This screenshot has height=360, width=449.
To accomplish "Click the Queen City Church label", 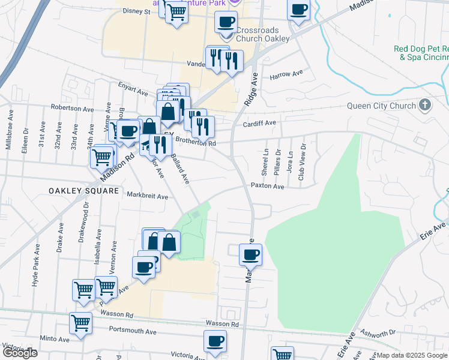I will (381, 106).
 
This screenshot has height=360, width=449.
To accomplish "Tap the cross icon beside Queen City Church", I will (425, 106).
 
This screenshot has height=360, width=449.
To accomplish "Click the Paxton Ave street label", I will (267, 186).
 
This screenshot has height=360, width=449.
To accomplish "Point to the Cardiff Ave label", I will (259, 123).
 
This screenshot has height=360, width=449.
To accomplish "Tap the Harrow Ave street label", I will (286, 75).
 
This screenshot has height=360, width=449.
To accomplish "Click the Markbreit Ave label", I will (147, 196).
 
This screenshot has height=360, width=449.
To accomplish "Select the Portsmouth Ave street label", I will (133, 331).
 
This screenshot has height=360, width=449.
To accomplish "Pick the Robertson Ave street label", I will (73, 109).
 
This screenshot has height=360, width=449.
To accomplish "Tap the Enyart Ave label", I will (133, 92).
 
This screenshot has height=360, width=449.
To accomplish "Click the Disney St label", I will (136, 11).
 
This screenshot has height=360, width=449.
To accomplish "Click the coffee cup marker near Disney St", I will (226, 23).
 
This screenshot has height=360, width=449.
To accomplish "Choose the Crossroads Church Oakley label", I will (262, 34).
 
